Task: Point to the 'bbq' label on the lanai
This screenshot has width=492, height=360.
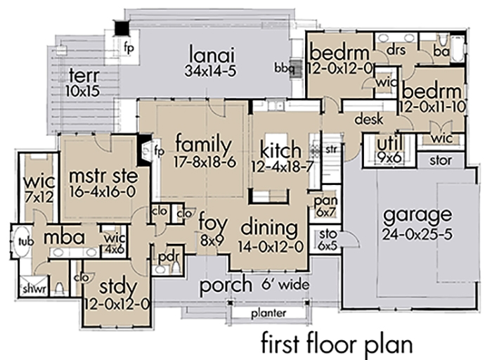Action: tap(284, 67)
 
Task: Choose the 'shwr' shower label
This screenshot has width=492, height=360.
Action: tap(30, 289)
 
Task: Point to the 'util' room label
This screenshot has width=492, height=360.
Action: tap(390, 144)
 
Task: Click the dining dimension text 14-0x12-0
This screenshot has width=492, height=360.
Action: tap(271, 246)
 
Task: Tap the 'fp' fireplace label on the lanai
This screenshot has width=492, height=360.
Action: tap(128, 49)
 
